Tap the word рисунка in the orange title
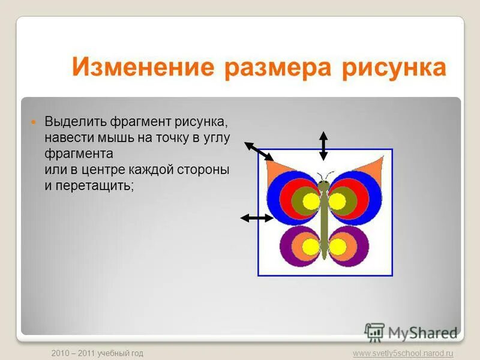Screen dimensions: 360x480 pos(394,68)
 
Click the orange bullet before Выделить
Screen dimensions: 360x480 pos(34,122)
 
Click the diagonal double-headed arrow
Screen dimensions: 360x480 pos(259,151)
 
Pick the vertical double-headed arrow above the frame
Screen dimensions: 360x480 pos(323,145)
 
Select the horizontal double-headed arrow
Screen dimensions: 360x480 pos(256,218)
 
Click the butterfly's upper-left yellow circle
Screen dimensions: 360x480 pos(311,202)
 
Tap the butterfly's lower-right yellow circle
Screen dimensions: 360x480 pos(338,246)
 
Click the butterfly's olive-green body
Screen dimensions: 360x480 pos(325,222)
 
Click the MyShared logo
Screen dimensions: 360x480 pos(412,332)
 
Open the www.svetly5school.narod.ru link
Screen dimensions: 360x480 pos(403,353)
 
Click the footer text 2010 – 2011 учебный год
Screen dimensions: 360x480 pos(97,353)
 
